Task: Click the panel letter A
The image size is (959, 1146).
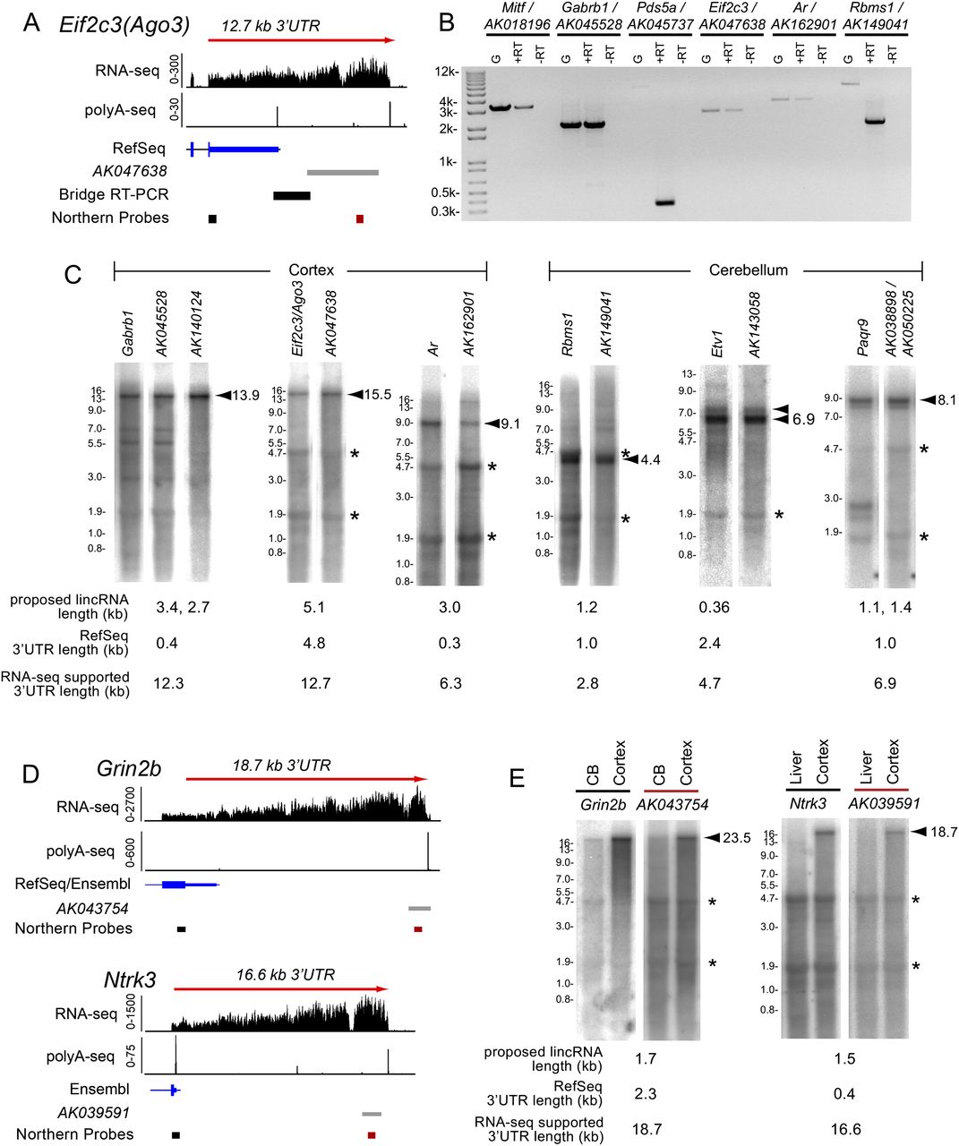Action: tap(31, 23)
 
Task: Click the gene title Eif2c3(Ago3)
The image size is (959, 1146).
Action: tap(124, 25)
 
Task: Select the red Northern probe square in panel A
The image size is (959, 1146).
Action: tap(360, 218)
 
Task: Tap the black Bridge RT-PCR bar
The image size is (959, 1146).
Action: tap(292, 195)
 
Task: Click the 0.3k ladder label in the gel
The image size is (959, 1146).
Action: tap(448, 212)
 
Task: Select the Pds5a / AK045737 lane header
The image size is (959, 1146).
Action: tap(661, 22)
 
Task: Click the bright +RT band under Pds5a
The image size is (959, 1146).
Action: tap(664, 202)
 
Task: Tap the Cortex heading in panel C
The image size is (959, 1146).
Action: tap(311, 269)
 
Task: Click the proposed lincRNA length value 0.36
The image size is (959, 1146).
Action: tap(715, 607)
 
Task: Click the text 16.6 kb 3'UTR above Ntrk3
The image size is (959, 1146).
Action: tap(286, 974)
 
